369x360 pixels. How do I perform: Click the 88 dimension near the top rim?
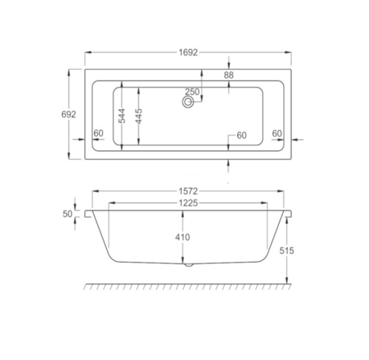[229, 75]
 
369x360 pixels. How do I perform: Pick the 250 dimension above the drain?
[192, 91]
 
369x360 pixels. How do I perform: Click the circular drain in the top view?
[190, 102]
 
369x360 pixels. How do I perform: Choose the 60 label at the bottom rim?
[240, 135]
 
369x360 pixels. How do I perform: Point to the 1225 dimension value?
[187, 203]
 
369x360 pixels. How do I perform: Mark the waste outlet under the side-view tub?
[187, 264]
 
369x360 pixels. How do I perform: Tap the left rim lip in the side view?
[88, 215]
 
